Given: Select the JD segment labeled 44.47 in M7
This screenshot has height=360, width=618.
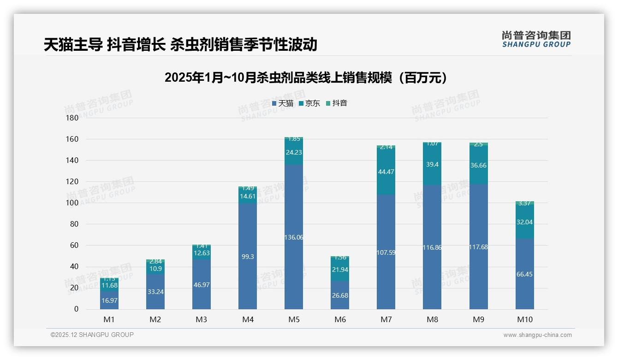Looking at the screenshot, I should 386,172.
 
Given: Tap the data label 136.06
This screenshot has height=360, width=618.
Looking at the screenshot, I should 294,237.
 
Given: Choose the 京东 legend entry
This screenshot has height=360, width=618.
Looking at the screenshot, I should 309,103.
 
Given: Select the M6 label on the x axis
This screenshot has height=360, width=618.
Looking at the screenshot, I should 340,319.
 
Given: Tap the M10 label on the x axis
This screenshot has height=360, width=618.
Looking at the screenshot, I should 525,319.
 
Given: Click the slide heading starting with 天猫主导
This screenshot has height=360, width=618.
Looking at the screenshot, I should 180,45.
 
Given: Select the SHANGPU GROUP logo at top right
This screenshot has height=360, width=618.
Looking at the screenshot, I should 536,39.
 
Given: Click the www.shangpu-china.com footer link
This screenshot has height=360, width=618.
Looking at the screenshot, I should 537,335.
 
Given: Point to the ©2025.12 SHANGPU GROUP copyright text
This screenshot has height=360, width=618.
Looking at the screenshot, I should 92,335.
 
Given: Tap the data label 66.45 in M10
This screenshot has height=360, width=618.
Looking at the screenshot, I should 525,274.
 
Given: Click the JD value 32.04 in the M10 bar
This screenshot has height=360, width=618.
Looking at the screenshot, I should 525,222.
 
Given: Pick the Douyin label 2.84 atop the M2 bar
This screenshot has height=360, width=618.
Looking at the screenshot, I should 155,262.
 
